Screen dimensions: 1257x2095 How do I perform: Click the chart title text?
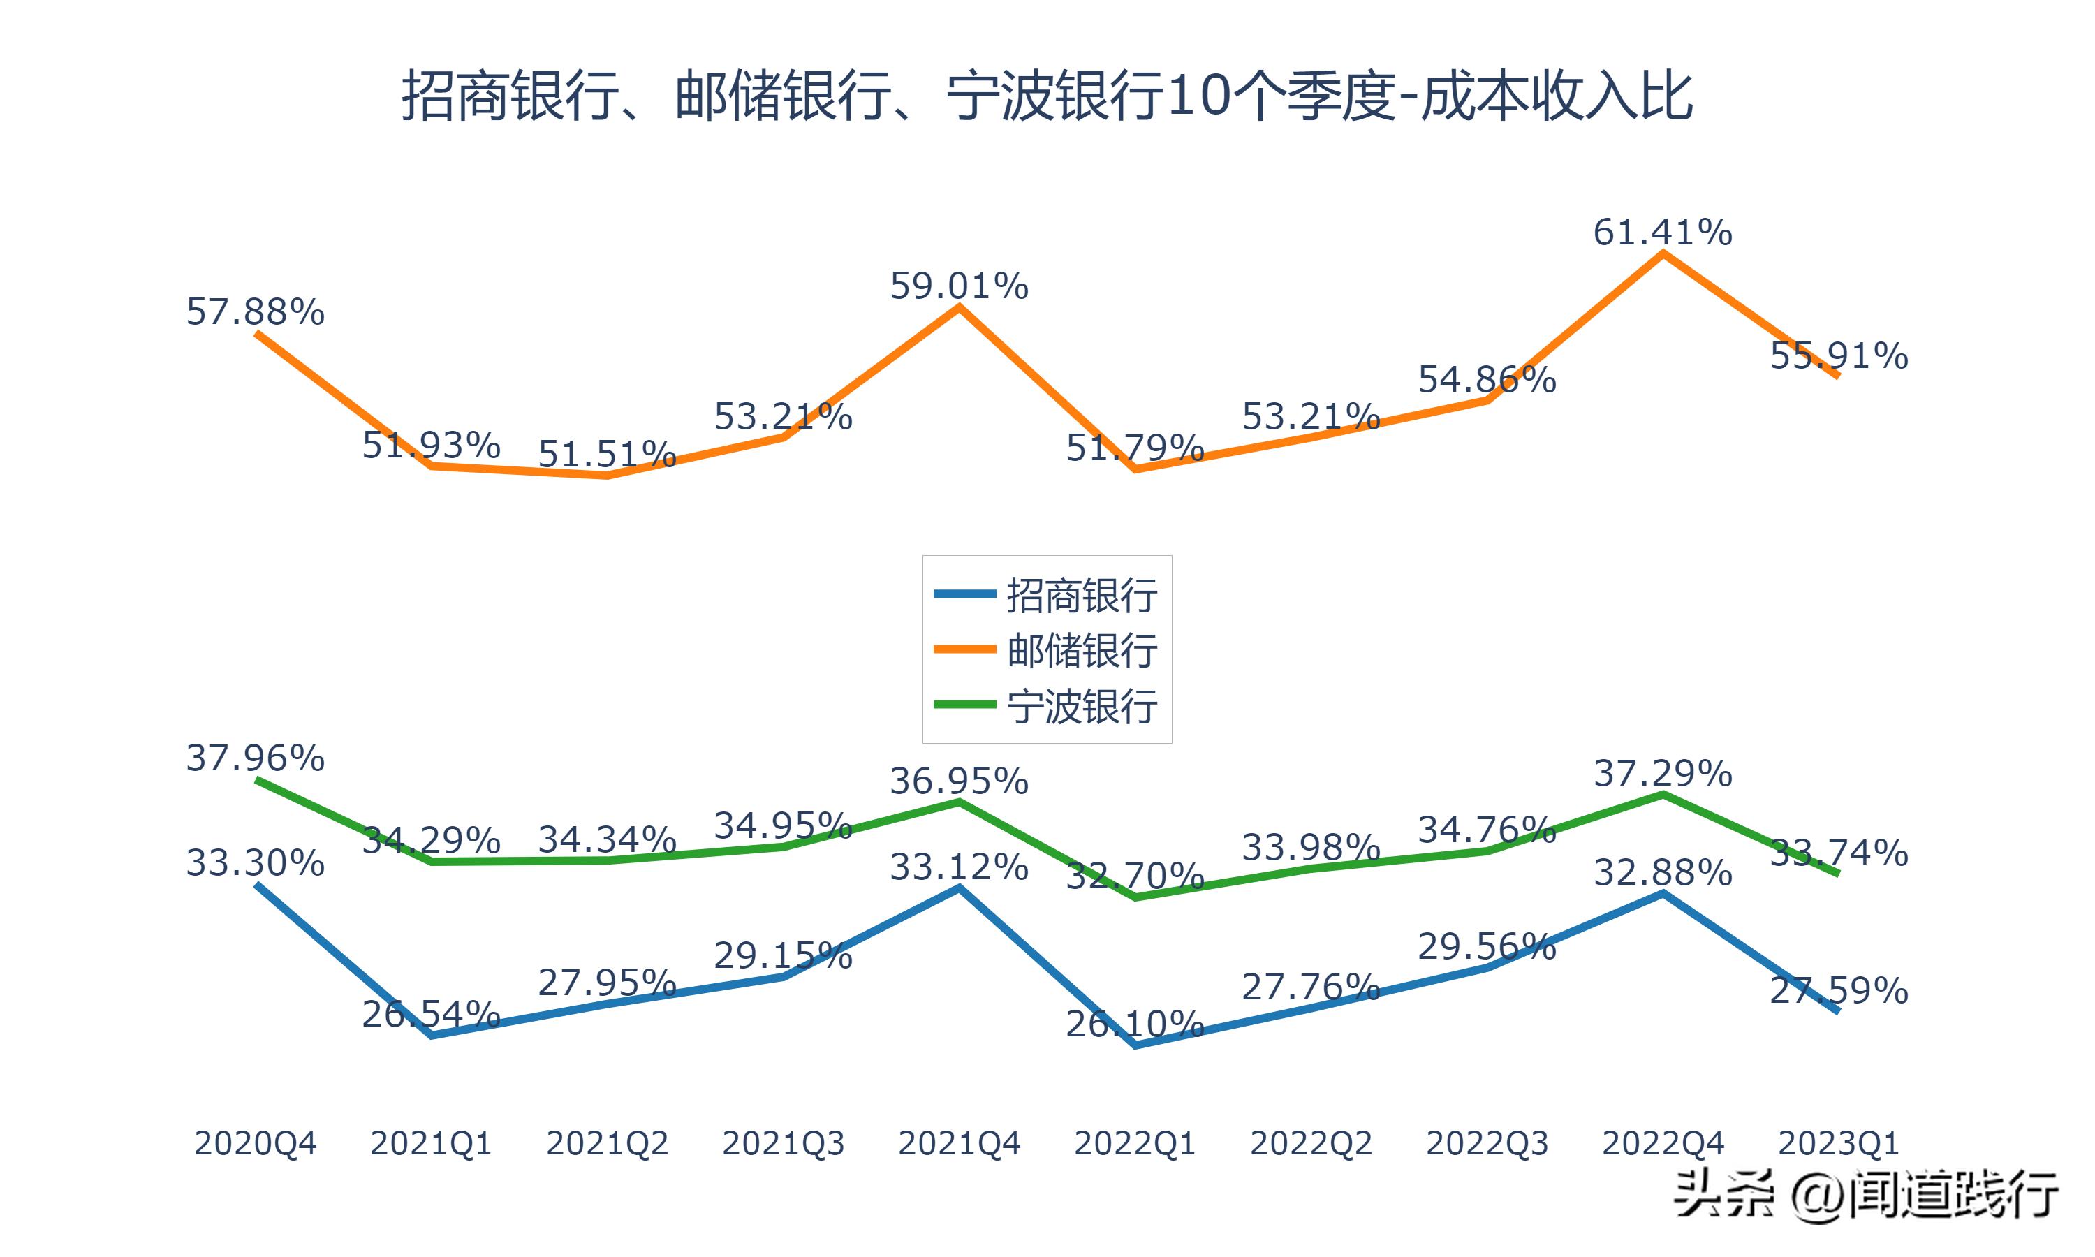coord(1047,96)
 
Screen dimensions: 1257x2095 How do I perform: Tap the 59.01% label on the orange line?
coord(959,286)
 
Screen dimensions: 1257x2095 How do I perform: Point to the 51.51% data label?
coord(607,455)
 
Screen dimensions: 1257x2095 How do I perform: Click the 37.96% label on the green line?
coord(255,758)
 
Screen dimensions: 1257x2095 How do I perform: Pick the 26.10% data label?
coord(1135,1025)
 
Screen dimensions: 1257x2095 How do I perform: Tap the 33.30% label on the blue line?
coord(255,863)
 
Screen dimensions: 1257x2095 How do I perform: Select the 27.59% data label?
coord(1839,991)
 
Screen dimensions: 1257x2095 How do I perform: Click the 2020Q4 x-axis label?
coord(255,1143)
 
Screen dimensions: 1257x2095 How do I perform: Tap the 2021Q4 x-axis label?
coord(959,1143)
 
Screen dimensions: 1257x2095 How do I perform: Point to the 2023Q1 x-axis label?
coord(1839,1143)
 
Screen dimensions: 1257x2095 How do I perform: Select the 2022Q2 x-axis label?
coord(1311,1143)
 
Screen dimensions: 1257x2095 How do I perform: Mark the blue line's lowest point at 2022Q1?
coord(1135,1045)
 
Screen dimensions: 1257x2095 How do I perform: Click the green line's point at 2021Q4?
coord(959,801)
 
